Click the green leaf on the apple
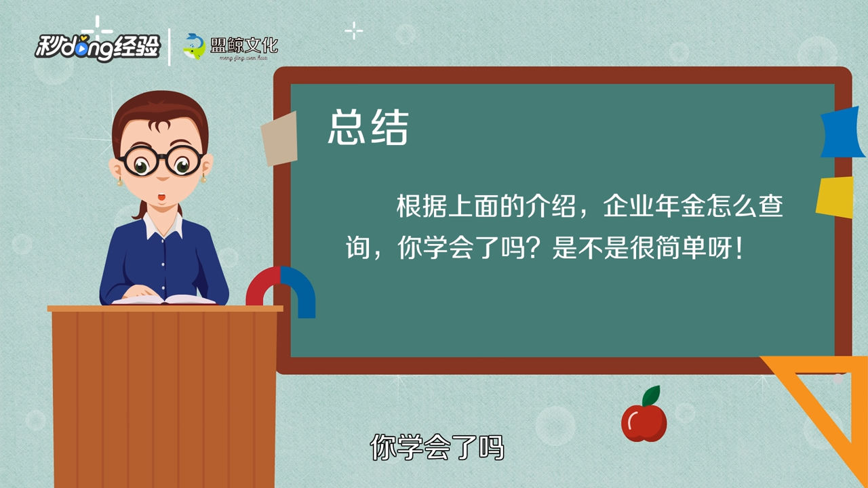point(652,395)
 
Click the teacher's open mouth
point(162,197)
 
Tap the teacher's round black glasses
point(161,162)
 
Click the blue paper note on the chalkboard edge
point(843,133)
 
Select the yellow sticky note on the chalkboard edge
point(835,197)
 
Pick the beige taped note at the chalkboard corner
point(279,139)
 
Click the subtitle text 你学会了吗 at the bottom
point(437,447)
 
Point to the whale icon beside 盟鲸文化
point(194,46)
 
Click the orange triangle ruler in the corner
point(831,400)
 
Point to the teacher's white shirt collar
point(163,226)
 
